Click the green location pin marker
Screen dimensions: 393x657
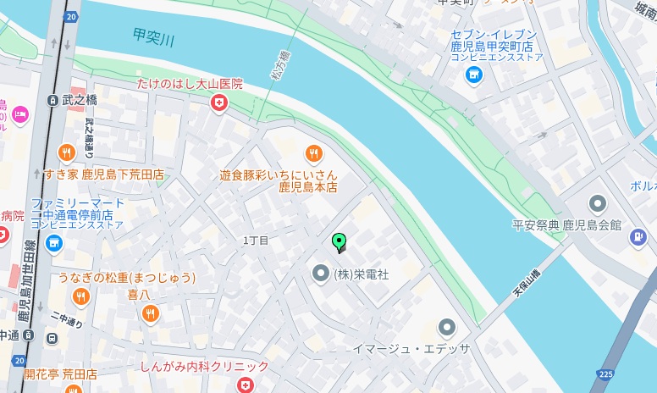coord(339,242)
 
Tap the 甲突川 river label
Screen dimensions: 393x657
coord(153,38)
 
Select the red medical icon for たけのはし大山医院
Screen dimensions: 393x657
coord(219,103)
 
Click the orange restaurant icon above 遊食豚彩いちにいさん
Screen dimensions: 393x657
coord(314,153)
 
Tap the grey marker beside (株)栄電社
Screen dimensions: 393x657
coord(320,274)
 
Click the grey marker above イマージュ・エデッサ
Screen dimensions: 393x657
coord(447,327)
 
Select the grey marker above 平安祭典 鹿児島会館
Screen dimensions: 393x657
coord(598,204)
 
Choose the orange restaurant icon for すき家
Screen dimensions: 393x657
coord(67,153)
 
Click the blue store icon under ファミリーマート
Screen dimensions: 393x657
coord(55,244)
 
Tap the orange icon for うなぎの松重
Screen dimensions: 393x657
coord(81,296)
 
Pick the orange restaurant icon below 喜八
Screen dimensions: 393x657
coord(151,314)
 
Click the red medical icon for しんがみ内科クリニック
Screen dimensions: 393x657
coord(246,385)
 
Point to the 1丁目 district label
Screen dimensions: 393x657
coord(256,241)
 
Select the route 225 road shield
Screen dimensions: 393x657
coord(605,374)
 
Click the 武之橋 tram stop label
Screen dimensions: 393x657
coord(79,100)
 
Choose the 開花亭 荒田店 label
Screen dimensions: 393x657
coord(60,374)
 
